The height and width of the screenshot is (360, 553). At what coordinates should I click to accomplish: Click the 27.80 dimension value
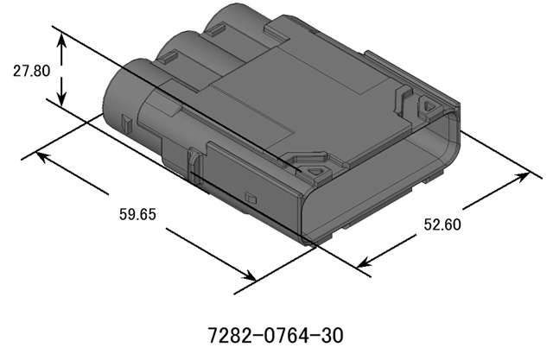click(x=31, y=71)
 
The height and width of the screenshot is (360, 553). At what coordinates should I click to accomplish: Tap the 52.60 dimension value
click(x=442, y=226)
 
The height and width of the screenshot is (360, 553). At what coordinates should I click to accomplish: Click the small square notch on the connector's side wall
click(x=251, y=199)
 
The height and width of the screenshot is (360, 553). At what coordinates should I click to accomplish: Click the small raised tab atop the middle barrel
click(x=168, y=59)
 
